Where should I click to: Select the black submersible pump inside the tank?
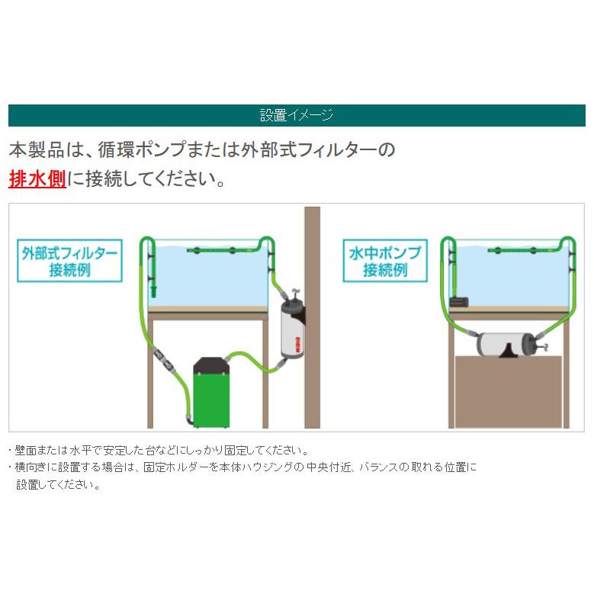(x=459, y=301)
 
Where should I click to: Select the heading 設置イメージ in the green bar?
(x=297, y=116)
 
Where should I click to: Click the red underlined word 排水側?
(x=37, y=180)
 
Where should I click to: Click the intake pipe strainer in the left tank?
(x=153, y=290)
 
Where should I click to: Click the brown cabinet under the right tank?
(x=508, y=393)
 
